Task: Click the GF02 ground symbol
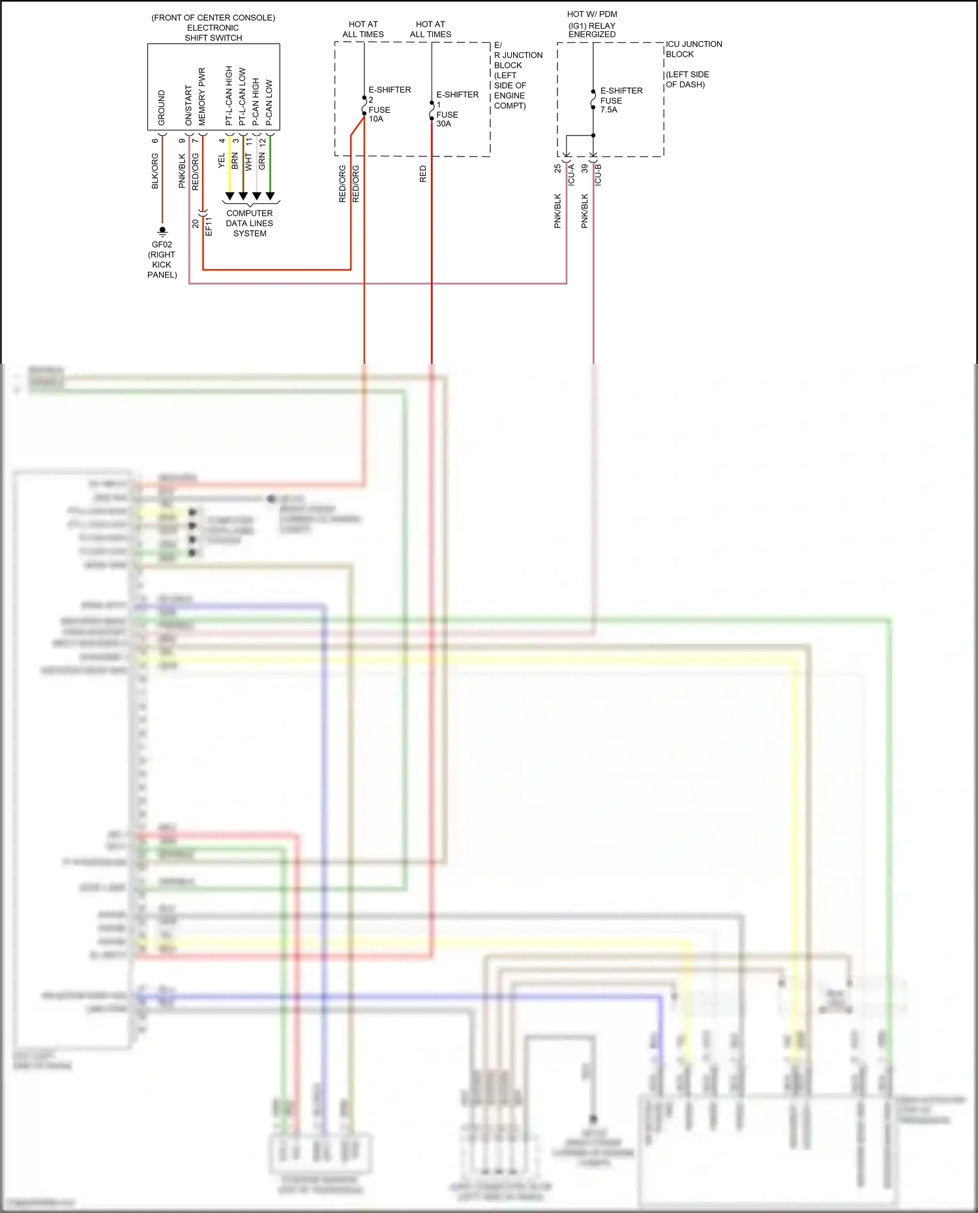coord(162,231)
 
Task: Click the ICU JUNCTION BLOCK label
coord(693,49)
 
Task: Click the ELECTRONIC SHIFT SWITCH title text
coord(213,33)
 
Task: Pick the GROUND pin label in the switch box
coord(162,108)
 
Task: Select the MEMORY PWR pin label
coord(202,96)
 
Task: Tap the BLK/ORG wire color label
coord(155,171)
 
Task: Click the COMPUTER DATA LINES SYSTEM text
coord(250,223)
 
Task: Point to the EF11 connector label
coord(209,226)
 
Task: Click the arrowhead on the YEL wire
coord(230,196)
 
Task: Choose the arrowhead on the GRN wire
coord(270,196)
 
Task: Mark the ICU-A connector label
coord(571,175)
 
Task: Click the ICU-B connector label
coord(599,175)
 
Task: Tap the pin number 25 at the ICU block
coord(557,168)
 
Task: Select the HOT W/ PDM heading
coord(592,14)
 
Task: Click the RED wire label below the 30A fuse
coord(422,173)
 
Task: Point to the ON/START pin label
coord(188,105)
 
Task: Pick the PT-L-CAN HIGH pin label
coord(229,96)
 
